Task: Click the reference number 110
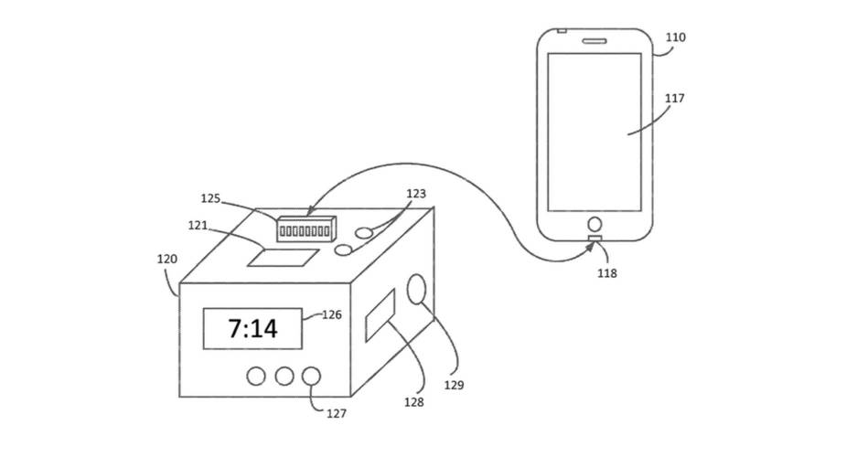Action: click(676, 37)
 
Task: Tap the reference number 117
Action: click(674, 98)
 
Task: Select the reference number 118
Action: click(607, 273)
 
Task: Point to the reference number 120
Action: click(167, 260)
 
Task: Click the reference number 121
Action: click(198, 225)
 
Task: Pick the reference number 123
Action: click(416, 194)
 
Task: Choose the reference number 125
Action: click(210, 198)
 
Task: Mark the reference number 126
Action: click(332, 314)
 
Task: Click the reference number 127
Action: click(337, 413)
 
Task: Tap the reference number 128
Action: click(413, 402)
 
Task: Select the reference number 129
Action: click(454, 385)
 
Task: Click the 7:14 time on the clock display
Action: click(252, 328)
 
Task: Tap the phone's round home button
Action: click(594, 224)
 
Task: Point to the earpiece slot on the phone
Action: click(594, 41)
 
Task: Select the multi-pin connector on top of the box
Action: click(305, 229)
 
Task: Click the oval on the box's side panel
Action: click(416, 289)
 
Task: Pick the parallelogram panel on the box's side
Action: click(380, 315)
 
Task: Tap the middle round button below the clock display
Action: click(284, 377)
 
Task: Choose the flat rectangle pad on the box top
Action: click(284, 258)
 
